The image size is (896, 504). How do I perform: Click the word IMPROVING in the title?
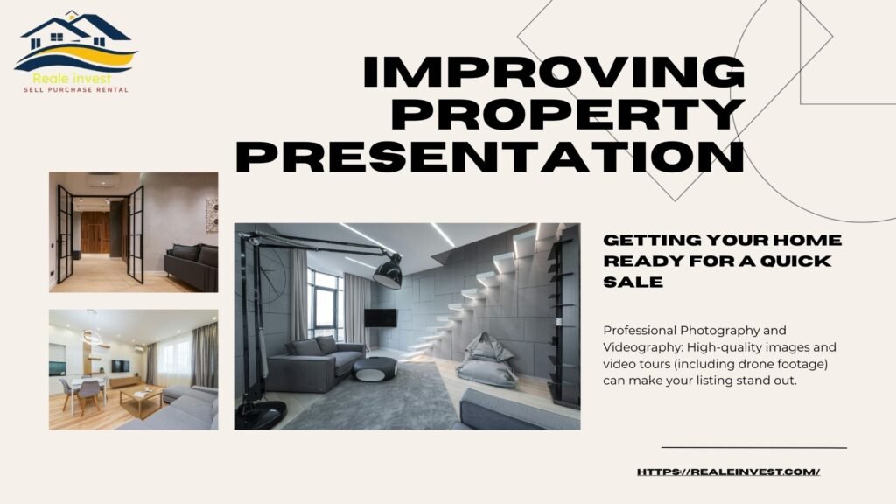click(554, 72)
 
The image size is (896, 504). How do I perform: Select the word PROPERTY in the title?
click(569, 114)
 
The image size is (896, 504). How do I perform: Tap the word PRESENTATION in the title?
click(490, 156)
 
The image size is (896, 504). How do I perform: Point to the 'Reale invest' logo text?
click(72, 79)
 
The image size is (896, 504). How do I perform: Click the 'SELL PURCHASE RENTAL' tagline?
click(76, 90)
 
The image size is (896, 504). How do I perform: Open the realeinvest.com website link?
click(729, 472)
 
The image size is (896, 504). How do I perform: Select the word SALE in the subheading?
click(633, 282)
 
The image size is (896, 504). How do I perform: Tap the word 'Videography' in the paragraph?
click(641, 347)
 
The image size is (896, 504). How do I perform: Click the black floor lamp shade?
click(388, 271)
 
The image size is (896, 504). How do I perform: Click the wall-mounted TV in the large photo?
click(381, 318)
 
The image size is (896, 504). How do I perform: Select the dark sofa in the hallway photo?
click(192, 267)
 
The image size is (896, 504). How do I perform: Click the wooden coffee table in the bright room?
click(142, 399)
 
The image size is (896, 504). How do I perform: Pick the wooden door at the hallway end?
click(94, 232)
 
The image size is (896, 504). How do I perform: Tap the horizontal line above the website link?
click(754, 447)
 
